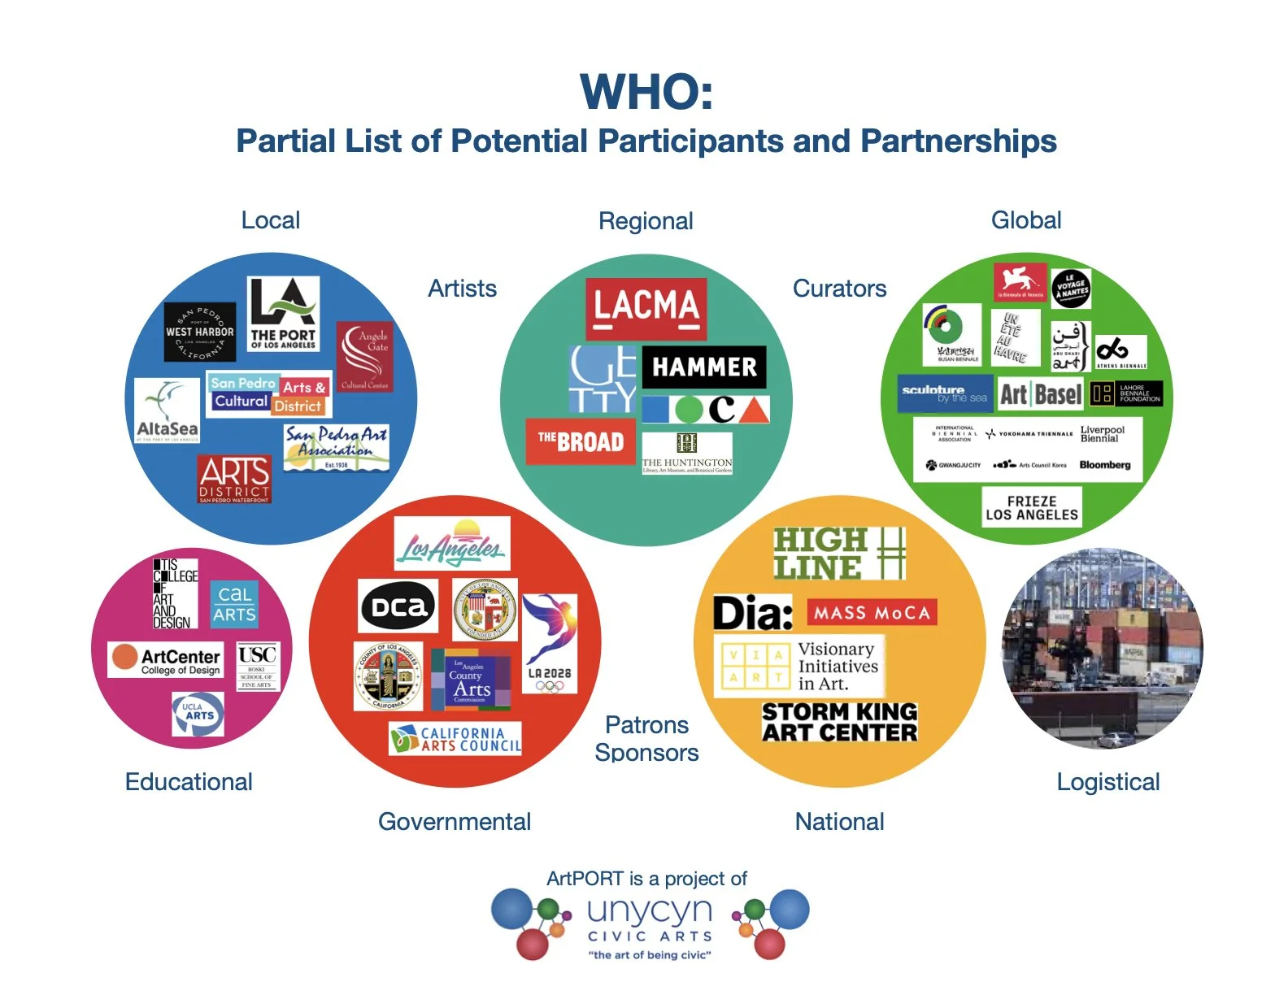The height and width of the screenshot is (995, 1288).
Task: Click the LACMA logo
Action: click(646, 308)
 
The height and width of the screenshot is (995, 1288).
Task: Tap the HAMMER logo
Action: click(704, 367)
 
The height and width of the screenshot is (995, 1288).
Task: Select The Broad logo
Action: click(580, 441)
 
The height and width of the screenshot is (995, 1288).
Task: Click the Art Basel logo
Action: click(1040, 395)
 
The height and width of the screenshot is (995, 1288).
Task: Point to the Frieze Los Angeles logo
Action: click(1031, 508)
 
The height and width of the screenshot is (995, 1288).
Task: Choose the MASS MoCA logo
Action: click(872, 612)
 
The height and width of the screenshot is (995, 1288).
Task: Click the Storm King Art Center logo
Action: click(839, 722)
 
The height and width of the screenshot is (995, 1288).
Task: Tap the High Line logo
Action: click(838, 554)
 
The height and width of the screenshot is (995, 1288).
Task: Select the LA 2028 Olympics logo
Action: click(550, 643)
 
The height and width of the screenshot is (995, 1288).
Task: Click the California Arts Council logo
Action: click(455, 739)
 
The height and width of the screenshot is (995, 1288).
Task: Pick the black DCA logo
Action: click(398, 606)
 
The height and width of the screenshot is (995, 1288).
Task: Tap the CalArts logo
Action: click(234, 604)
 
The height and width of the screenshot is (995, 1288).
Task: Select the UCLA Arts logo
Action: click(198, 714)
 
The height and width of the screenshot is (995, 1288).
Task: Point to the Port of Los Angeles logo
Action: click(283, 314)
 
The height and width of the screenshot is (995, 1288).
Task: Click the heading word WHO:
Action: click(646, 92)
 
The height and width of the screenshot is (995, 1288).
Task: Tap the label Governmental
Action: click(455, 822)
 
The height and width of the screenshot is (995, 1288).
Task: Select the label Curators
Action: click(839, 289)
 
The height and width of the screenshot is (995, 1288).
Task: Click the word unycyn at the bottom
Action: click(650, 910)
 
